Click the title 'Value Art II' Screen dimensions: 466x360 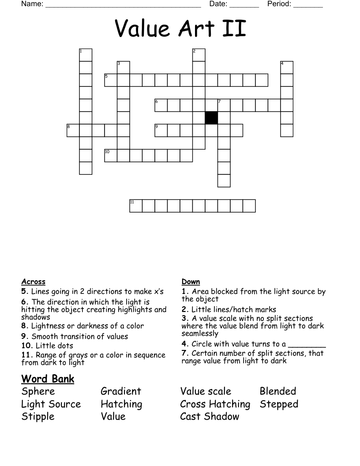point(180,29)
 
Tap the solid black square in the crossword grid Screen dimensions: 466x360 point(211,118)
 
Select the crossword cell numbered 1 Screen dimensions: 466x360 point(86,55)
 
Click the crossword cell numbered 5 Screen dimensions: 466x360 point(111,80)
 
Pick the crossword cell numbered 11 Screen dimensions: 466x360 point(136,206)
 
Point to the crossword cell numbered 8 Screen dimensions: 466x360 point(73,130)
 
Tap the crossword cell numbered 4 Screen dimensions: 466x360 point(287,68)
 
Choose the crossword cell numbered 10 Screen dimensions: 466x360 point(111,155)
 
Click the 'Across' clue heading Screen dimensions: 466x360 point(33,282)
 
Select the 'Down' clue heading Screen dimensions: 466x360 point(191,282)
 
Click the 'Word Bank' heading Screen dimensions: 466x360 point(48,379)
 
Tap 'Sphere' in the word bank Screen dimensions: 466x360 point(38,391)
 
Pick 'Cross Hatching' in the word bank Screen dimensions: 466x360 point(215,404)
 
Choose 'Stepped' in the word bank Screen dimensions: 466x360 point(279,404)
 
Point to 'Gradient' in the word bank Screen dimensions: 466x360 point(121,391)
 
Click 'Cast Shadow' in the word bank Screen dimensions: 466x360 point(210,417)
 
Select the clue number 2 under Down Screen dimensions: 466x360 point(184,310)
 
